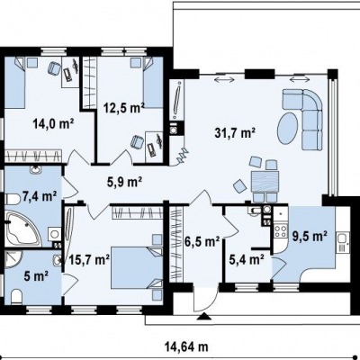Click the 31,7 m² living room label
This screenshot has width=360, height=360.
[235, 133]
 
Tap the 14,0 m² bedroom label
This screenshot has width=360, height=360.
[54, 123]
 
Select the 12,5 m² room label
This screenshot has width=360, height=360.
[124, 108]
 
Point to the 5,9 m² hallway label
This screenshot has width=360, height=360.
[124, 182]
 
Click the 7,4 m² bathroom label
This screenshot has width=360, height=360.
[40, 197]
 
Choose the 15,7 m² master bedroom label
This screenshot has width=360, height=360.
[89, 260]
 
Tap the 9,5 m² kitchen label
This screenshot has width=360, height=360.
[310, 237]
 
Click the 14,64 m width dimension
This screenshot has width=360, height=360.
[186, 347]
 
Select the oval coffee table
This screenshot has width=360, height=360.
[288, 128]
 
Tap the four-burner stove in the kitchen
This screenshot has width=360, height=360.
[281, 231]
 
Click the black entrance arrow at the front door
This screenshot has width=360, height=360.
[204, 317]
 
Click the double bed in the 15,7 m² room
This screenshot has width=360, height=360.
[137, 268]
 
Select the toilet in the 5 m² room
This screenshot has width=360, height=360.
[17, 296]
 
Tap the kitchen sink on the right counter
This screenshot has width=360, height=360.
[342, 242]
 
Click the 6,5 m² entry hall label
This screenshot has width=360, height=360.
[202, 242]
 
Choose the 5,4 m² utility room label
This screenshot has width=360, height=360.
[247, 260]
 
